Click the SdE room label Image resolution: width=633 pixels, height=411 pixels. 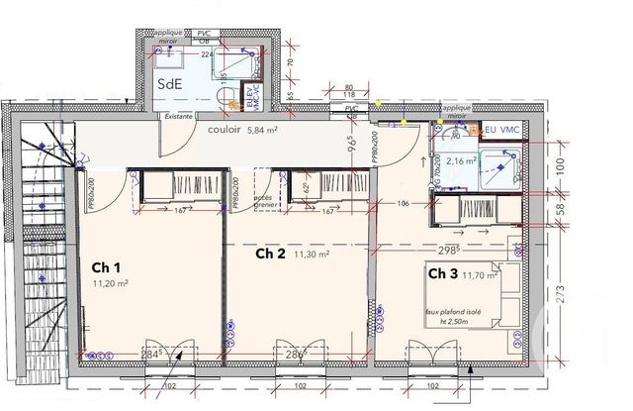(x=169, y=85)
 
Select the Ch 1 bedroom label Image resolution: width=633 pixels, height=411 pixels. (x=107, y=267)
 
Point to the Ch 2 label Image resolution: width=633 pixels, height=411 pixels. (x=271, y=254)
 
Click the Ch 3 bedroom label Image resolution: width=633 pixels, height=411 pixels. (x=442, y=272)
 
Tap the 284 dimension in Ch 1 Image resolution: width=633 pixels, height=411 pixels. (x=150, y=353)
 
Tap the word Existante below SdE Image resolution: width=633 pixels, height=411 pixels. (x=179, y=117)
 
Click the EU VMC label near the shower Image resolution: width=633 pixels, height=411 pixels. (x=504, y=130)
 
